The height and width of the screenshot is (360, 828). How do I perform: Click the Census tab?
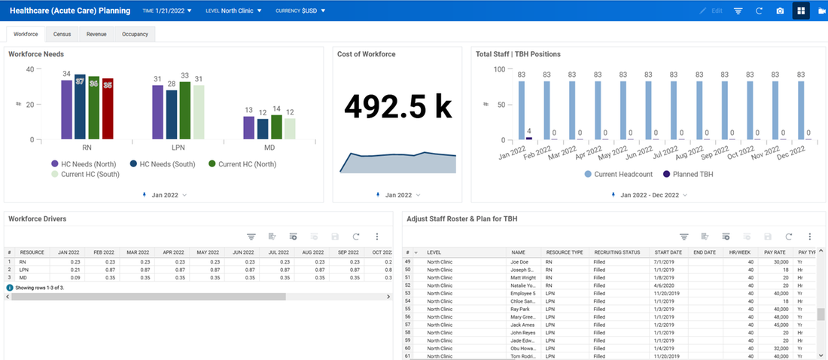point(62,34)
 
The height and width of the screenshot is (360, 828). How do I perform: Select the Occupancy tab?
point(135,34)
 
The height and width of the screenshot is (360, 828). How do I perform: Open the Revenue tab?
point(96,34)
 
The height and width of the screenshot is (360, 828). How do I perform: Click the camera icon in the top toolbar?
point(780,11)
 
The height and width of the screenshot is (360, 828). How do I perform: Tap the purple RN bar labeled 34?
point(66,109)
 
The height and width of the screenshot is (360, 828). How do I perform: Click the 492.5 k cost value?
point(397,108)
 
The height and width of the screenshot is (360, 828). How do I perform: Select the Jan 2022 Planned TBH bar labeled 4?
point(529,139)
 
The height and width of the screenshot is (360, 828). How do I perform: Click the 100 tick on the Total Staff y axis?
point(499,69)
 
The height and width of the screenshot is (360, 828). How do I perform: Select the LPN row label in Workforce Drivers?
point(23,269)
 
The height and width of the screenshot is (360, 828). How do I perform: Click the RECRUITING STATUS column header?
point(616,252)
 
